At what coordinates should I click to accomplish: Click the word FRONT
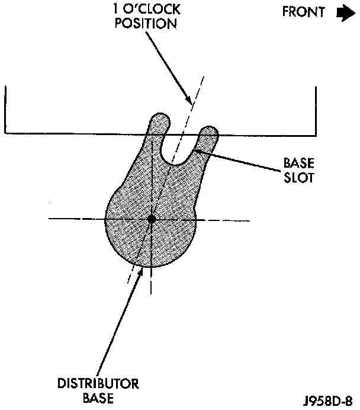(x=303, y=12)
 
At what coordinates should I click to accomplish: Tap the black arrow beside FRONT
(x=343, y=12)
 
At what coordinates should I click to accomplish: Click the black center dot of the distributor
(x=152, y=219)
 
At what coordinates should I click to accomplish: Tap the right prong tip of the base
(x=208, y=130)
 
